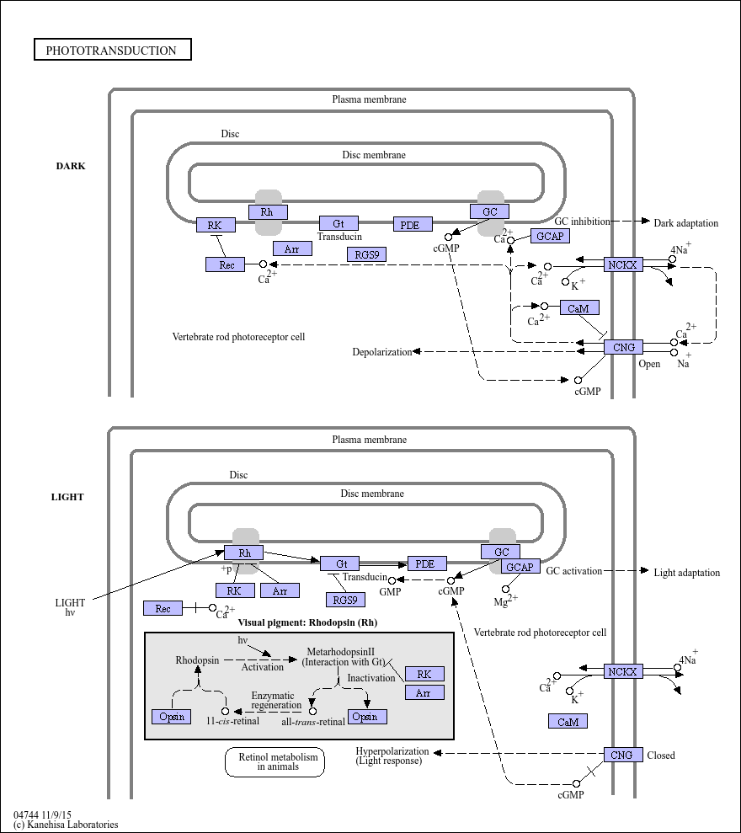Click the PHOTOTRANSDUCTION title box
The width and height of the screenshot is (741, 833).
pyautogui.click(x=113, y=50)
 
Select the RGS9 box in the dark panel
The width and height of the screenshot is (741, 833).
pyautogui.click(x=366, y=254)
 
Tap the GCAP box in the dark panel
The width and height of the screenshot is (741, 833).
pyautogui.click(x=550, y=236)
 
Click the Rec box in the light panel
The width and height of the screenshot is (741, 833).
pyautogui.click(x=163, y=608)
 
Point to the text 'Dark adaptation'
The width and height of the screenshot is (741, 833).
pyautogui.click(x=685, y=223)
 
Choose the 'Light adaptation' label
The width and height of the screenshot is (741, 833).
pyautogui.click(x=687, y=573)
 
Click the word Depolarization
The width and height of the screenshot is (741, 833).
pyautogui.click(x=382, y=352)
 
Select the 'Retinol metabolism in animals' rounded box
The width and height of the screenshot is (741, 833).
pyautogui.click(x=275, y=761)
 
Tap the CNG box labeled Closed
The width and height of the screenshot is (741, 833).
pyautogui.click(x=622, y=755)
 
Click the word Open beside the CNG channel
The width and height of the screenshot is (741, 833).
pyautogui.click(x=649, y=364)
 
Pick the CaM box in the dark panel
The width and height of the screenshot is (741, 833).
pyautogui.click(x=579, y=307)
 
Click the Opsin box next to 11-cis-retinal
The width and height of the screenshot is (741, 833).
pyautogui.click(x=172, y=717)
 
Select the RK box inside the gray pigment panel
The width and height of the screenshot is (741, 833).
pyautogui.click(x=424, y=674)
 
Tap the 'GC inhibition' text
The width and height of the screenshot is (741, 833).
pyautogui.click(x=582, y=222)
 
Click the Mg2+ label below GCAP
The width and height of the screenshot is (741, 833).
pyautogui.click(x=505, y=601)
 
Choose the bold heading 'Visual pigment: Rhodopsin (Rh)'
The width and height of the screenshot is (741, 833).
pyautogui.click(x=307, y=622)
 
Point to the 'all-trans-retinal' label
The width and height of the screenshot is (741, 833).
pyautogui.click(x=313, y=722)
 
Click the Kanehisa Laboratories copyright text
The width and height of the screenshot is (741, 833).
pyautogui.click(x=66, y=825)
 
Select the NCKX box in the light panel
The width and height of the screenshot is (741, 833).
pyautogui.click(x=622, y=671)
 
